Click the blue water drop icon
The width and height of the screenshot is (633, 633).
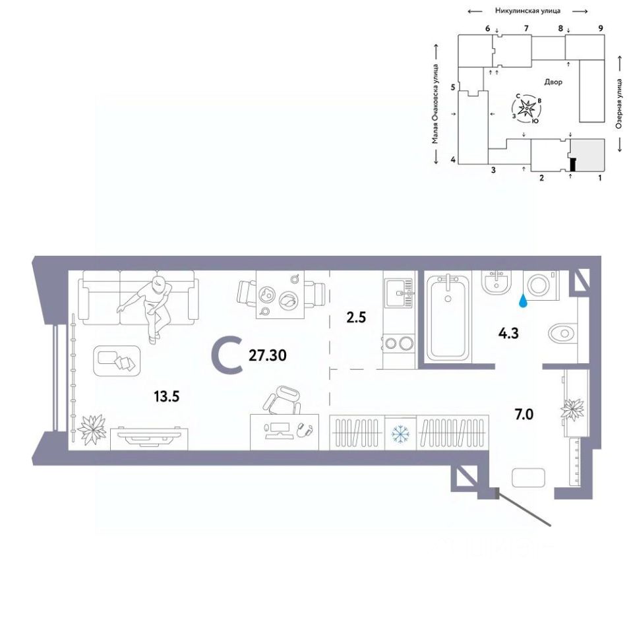pos(523,301)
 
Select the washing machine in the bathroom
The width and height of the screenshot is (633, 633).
pos(541,285)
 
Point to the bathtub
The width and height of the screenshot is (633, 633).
pos(448,317)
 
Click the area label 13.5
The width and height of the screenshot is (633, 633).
pos(166,396)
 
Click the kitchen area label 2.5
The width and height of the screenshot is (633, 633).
pos(356,317)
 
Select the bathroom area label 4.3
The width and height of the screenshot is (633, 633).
pos(508,334)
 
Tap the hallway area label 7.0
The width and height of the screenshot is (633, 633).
pos(524,414)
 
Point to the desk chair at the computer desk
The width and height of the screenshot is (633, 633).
pos(282,400)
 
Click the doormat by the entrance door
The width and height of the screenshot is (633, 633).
pos(528,478)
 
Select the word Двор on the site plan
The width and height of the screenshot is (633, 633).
pos(553,82)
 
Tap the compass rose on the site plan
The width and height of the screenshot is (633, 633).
pos(526,108)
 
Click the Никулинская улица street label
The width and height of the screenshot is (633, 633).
pos(527,11)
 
